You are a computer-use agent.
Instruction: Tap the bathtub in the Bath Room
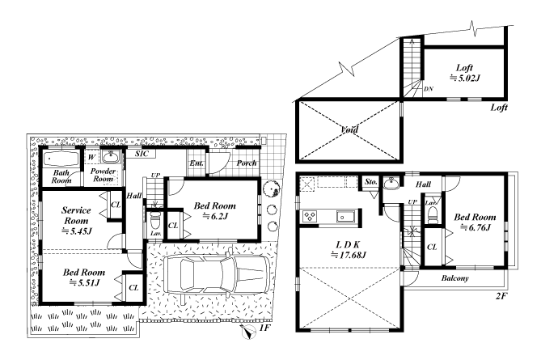click(61, 159)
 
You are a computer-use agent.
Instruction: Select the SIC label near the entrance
click(142, 154)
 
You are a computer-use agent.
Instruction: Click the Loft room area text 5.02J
click(465, 78)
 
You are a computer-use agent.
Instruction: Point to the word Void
click(349, 129)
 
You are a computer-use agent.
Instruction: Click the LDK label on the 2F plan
click(348, 244)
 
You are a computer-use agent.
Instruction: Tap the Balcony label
click(454, 278)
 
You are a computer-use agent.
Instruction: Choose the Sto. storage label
click(371, 182)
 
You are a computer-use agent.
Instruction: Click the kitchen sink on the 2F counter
click(343, 217)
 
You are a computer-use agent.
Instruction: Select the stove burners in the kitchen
click(310, 217)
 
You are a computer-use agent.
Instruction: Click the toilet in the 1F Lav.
click(155, 219)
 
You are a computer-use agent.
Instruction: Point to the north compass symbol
click(248, 332)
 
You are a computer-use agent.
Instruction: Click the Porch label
click(247, 163)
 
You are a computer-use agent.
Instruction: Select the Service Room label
click(76, 215)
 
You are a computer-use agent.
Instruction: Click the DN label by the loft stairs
click(428, 89)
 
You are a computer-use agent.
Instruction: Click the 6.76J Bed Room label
click(475, 222)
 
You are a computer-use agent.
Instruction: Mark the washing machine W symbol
click(91, 158)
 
